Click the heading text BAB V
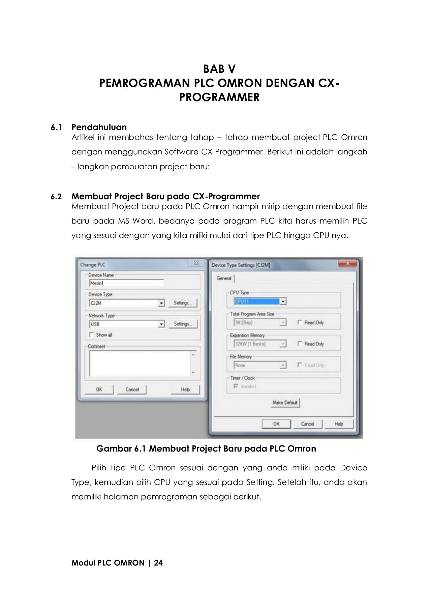(x=219, y=69)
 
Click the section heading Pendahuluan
(x=99, y=127)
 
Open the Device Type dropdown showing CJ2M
(x=161, y=303)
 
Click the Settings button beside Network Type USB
(x=183, y=324)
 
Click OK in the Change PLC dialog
(x=99, y=389)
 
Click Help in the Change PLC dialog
(x=185, y=389)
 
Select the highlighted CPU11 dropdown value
(x=256, y=301)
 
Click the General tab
(x=224, y=278)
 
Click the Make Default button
(x=285, y=402)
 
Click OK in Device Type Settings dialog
(x=276, y=424)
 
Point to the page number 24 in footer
(x=158, y=563)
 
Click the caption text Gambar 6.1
(x=121, y=449)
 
